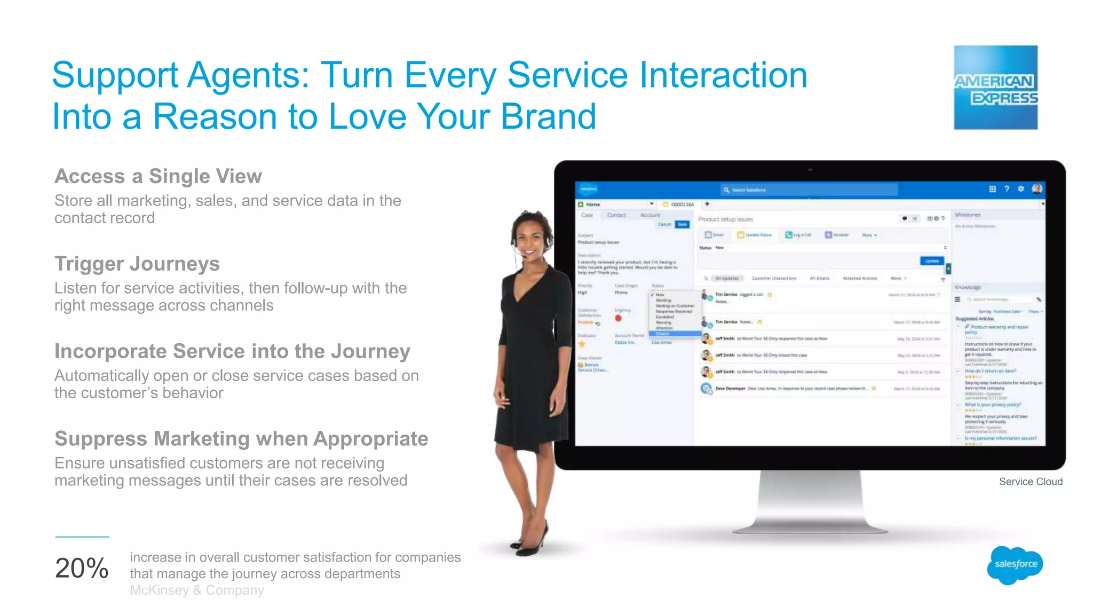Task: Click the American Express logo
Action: (995, 88)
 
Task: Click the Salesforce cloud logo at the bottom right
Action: (1015, 565)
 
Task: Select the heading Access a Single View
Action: (158, 176)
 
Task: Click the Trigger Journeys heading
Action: (137, 264)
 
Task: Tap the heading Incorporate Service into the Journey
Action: (232, 351)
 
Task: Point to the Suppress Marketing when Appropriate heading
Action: (241, 439)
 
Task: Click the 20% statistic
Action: (82, 568)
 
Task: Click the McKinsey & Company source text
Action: (197, 590)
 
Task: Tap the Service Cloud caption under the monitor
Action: (1031, 482)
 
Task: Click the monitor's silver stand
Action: (810, 502)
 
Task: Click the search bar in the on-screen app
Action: (810, 190)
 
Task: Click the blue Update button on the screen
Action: (932, 261)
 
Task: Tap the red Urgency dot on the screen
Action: (618, 318)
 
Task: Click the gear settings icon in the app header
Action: (1020, 189)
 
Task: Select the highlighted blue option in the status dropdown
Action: (675, 334)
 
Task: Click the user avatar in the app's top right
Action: (1036, 189)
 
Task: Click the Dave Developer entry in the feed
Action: (730, 389)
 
